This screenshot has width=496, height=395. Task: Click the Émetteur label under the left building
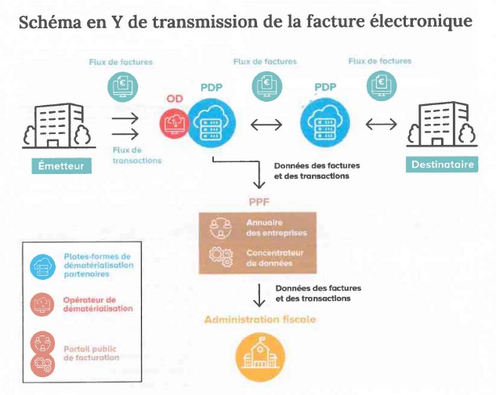60,166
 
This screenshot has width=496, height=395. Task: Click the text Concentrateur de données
273,259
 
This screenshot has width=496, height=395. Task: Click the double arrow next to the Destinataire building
381,125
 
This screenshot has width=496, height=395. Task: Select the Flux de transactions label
137,154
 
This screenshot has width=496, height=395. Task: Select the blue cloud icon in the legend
40,266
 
